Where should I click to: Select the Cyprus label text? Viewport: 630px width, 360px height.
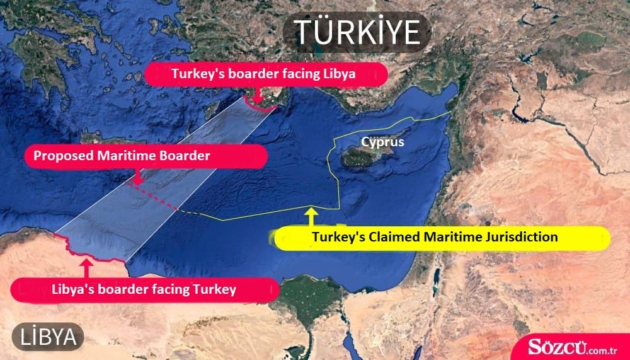click(382, 142)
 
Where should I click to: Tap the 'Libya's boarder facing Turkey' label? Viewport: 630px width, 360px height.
click(144, 289)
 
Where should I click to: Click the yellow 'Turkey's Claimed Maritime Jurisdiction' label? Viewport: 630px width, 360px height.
click(435, 238)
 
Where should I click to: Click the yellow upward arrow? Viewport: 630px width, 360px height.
click(310, 216)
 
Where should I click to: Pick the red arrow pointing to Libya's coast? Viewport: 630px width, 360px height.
click(87, 267)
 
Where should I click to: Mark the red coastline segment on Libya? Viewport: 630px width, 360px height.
click(88, 253)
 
